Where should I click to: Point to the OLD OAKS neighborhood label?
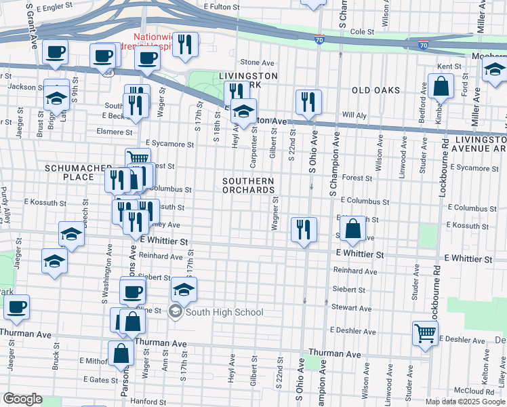click(376, 90)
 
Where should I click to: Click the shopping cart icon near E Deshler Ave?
click(425, 333)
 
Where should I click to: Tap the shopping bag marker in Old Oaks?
click(441, 87)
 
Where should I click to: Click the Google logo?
click(23, 399)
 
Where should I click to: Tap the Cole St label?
click(362, 31)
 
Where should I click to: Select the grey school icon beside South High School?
click(175, 312)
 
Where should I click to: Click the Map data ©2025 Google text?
click(464, 401)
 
